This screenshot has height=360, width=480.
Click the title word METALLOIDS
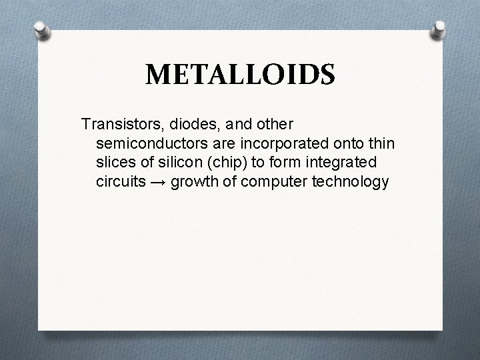tap(240, 75)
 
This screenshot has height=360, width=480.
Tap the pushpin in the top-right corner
tap(439, 29)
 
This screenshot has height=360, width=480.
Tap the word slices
tap(115, 163)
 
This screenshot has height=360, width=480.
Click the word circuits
tap(119, 182)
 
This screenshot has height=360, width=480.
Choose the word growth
tap(193, 182)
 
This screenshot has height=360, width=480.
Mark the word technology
tap(347, 182)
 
